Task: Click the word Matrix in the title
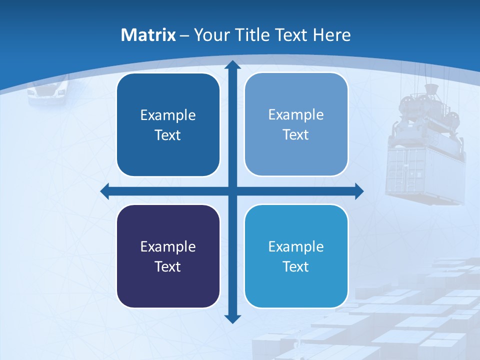tap(148, 35)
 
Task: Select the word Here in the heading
tap(332, 35)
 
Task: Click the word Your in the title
tap(212, 35)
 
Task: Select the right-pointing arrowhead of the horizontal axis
tap(358, 191)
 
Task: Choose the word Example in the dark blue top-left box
tap(168, 115)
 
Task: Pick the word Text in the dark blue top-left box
tap(168, 135)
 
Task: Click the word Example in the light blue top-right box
tap(296, 115)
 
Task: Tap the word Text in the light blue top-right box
tap(296, 135)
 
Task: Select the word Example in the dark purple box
tap(168, 246)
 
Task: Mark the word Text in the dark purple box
tap(168, 266)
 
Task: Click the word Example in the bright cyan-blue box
tap(296, 246)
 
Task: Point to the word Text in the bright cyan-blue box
tap(296, 266)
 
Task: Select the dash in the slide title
tap(184, 35)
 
